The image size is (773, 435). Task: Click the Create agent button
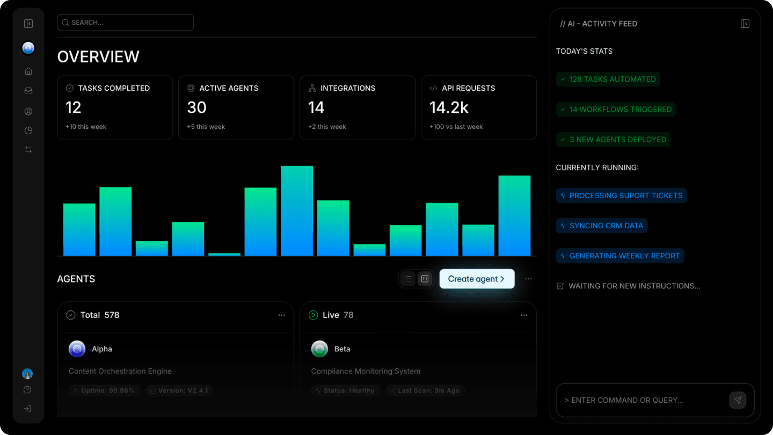click(477, 279)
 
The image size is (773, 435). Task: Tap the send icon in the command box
click(738, 400)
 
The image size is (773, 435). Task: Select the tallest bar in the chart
click(297, 211)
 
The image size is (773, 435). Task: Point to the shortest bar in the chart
click(224, 254)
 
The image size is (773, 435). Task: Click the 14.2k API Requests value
click(449, 108)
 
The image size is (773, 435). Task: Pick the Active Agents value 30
click(196, 108)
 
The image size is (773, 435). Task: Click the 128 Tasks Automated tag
click(608, 79)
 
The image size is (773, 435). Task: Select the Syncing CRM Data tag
click(602, 226)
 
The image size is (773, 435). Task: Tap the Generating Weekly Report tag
click(620, 256)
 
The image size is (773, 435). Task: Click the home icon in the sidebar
click(28, 71)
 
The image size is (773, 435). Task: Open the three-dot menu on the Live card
click(524, 315)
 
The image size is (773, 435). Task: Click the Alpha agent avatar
click(77, 349)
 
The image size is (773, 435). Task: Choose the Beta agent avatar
click(319, 349)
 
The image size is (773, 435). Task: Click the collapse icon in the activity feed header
click(745, 24)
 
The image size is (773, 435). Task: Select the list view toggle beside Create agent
click(409, 279)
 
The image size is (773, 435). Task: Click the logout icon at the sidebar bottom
click(28, 409)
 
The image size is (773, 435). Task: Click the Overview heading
click(98, 57)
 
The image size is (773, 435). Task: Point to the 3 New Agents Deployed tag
click(613, 140)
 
